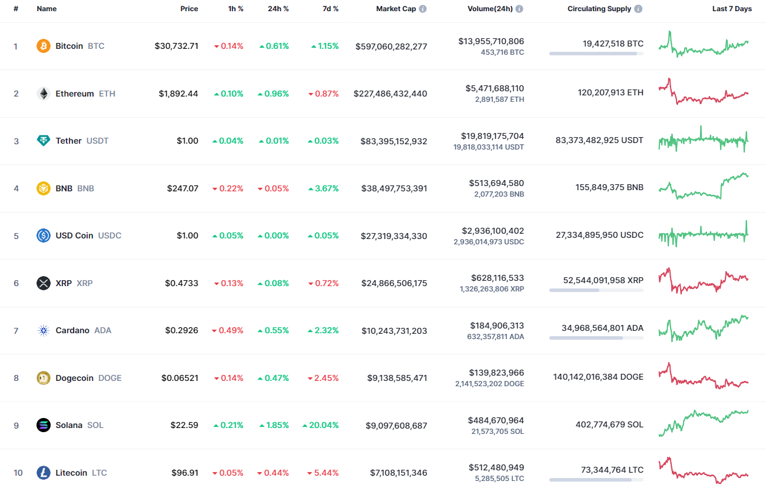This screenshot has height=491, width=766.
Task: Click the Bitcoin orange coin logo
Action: coord(44,46)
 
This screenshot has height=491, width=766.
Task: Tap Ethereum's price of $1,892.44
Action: coord(178,94)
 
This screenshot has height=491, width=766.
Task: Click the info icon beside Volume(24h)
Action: coord(519,9)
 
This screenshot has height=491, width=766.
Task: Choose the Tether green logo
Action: coord(44,141)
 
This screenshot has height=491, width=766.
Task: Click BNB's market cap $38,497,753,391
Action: coord(394,188)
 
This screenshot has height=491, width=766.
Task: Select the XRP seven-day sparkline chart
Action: coord(704,280)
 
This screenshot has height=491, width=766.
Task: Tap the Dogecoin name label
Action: coord(74,378)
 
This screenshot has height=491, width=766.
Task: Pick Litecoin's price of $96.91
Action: coord(185,473)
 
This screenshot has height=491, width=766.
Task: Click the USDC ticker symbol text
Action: coord(110,235)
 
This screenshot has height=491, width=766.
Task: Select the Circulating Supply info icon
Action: coord(639,9)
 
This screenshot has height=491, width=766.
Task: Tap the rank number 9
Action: coord(16,425)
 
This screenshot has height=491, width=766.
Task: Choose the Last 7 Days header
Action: coord(732,9)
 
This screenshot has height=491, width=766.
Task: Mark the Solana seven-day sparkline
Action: coord(704,422)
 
